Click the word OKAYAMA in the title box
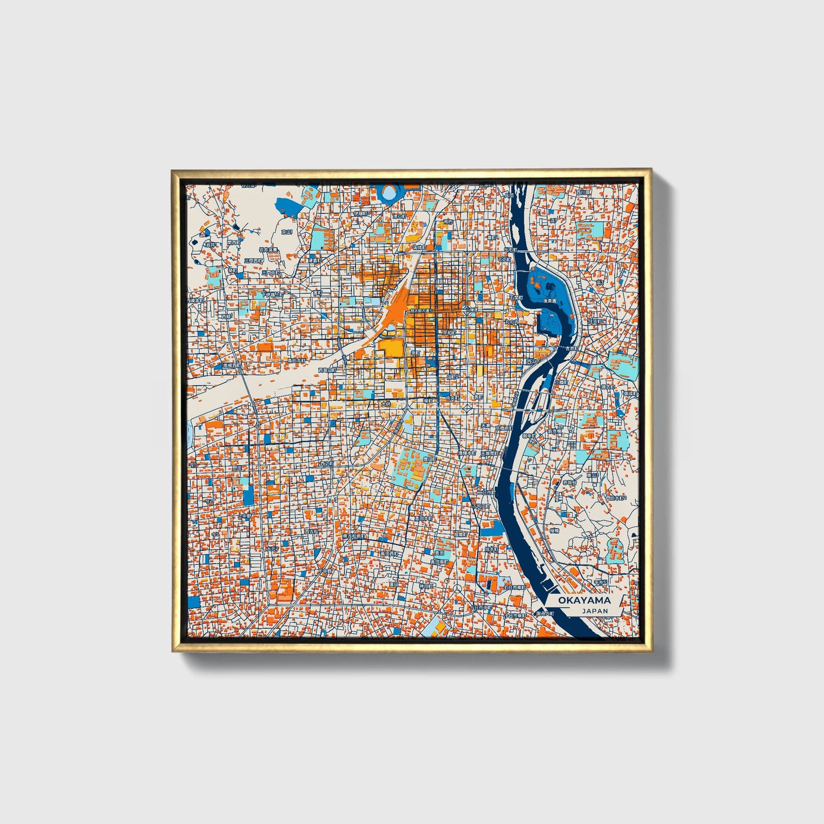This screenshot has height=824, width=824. (x=584, y=600)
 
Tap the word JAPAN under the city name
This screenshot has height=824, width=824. (x=595, y=611)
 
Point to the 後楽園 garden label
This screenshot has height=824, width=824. (x=549, y=300)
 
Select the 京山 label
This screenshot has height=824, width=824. (x=287, y=232)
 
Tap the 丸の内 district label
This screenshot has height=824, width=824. (x=511, y=322)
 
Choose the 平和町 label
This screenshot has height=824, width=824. (x=449, y=332)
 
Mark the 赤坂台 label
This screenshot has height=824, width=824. (x=569, y=482)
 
